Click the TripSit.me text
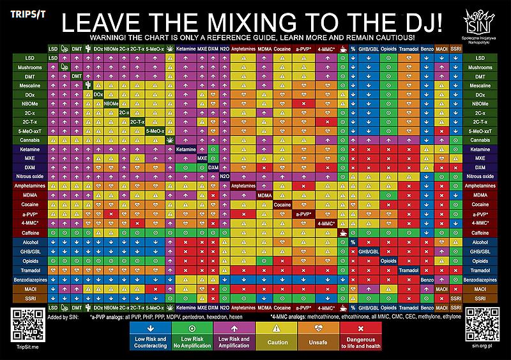(25, 347)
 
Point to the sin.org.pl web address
(484, 347)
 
